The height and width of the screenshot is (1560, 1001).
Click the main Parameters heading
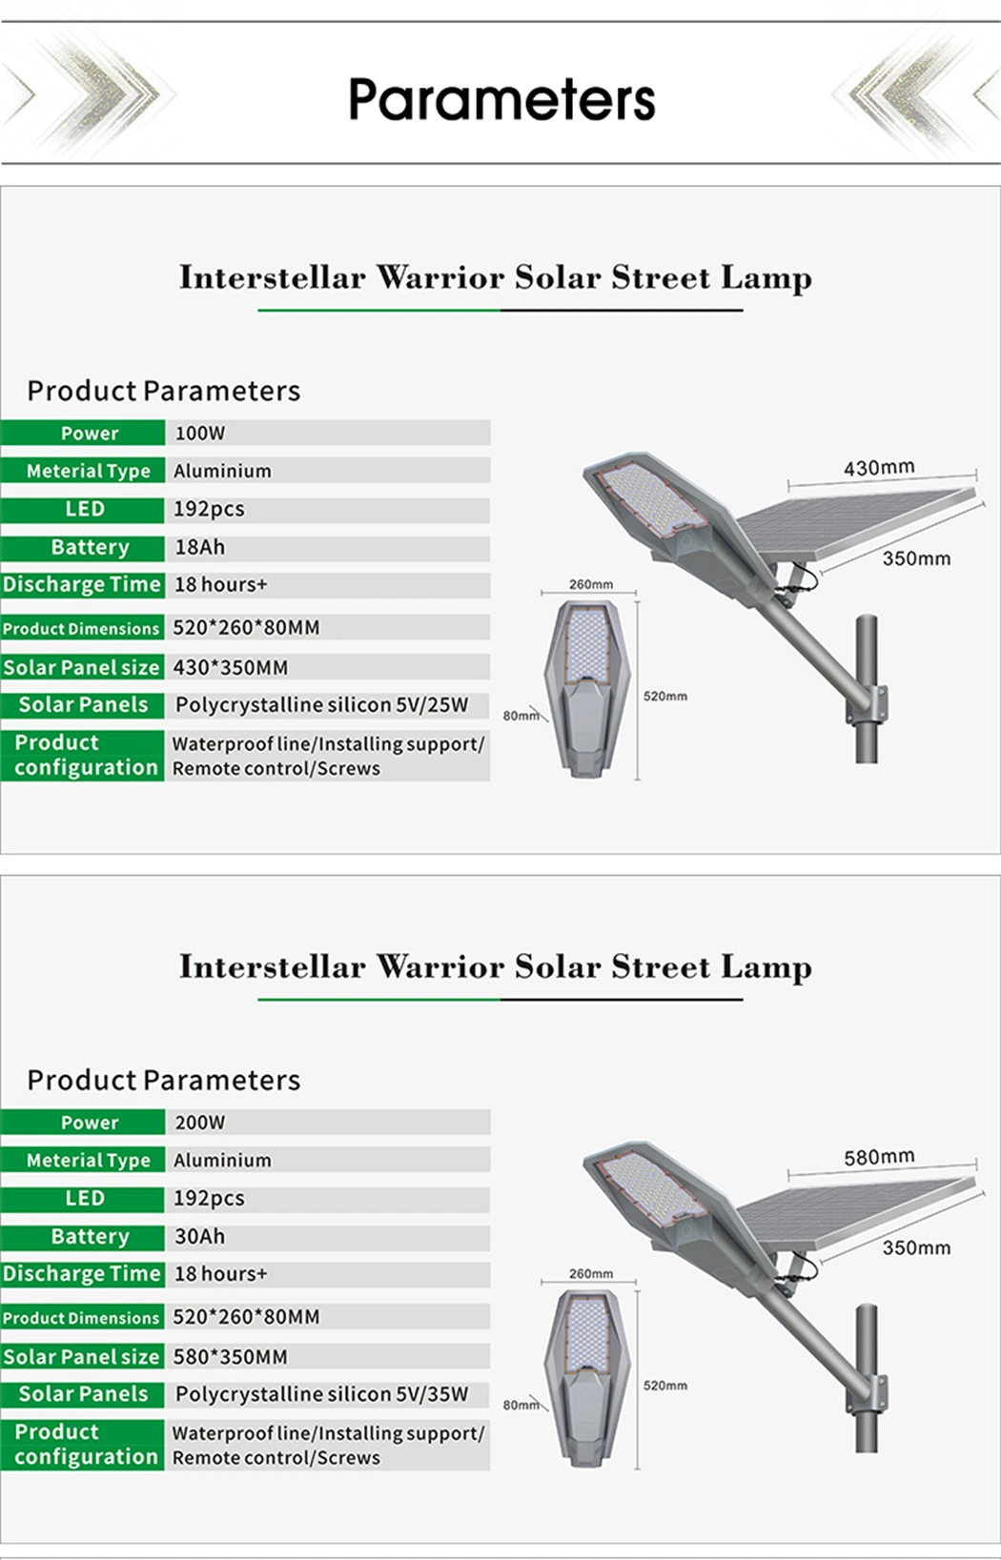click(x=501, y=100)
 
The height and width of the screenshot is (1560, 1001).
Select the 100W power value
click(x=200, y=434)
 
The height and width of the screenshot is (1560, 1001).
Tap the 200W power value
click(x=200, y=1123)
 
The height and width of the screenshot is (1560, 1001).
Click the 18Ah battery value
click(x=200, y=547)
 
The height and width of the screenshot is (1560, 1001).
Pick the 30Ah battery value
click(x=200, y=1237)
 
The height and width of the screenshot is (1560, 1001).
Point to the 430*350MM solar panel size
click(x=231, y=668)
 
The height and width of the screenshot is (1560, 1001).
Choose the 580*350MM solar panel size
click(x=231, y=1357)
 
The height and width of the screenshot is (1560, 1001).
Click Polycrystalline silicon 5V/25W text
click(x=322, y=705)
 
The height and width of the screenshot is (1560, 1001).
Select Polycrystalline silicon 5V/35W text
click(x=322, y=1394)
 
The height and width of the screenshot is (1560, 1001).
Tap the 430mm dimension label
click(x=879, y=467)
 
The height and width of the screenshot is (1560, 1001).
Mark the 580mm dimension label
click(x=879, y=1157)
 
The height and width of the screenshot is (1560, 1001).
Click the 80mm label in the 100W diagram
click(x=521, y=716)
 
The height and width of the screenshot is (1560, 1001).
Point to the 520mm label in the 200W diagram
click(x=665, y=1386)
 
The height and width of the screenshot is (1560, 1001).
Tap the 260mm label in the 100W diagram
click(x=591, y=584)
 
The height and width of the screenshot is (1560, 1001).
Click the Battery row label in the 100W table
click(x=90, y=547)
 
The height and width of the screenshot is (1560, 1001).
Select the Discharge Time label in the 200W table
click(x=81, y=1274)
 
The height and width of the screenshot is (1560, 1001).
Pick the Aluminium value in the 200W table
click(x=222, y=1161)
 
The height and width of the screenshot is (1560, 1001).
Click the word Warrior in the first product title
click(x=440, y=277)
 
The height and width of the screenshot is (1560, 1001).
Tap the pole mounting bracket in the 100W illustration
click(x=868, y=705)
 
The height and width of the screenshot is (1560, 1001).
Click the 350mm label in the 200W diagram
click(x=916, y=1247)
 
